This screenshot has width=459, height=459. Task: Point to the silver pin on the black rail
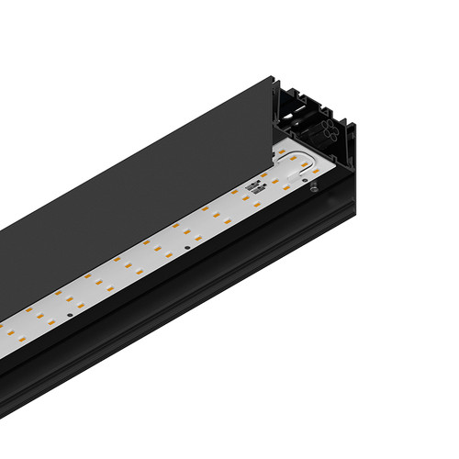coord(314,187)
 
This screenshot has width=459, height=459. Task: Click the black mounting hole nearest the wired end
coord(187,246)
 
